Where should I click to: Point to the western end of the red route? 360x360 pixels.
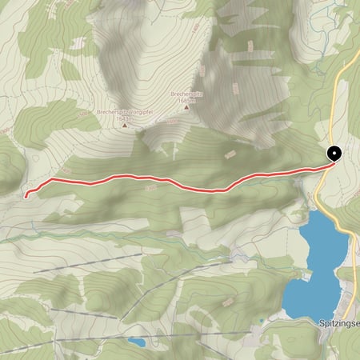tap(26, 194)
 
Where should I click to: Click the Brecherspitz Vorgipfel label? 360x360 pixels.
tap(122, 113)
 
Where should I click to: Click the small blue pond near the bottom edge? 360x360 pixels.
tap(136, 342)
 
